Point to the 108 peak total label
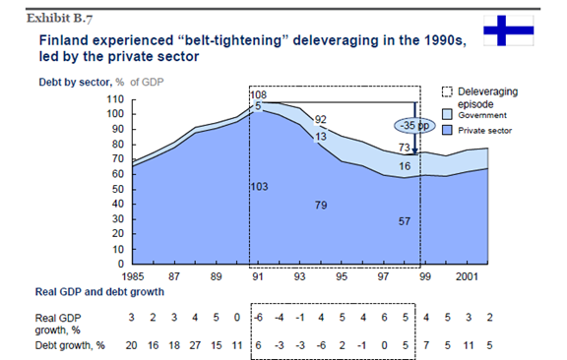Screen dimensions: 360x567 259,95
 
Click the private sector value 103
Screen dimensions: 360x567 260,185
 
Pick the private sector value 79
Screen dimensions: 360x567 320,205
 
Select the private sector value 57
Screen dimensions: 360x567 404,221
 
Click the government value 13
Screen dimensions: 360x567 320,138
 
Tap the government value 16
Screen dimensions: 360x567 404,167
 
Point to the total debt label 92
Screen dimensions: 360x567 320,119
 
